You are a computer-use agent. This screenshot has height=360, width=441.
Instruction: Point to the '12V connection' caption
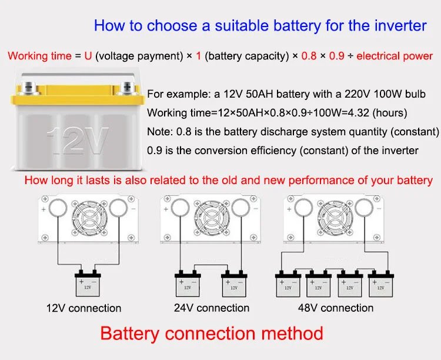(x=83, y=308)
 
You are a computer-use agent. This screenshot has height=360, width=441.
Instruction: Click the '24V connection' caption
(x=212, y=308)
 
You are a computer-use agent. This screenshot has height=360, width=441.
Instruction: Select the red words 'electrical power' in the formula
(x=395, y=56)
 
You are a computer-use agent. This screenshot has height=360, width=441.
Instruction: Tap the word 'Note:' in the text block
(x=159, y=131)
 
